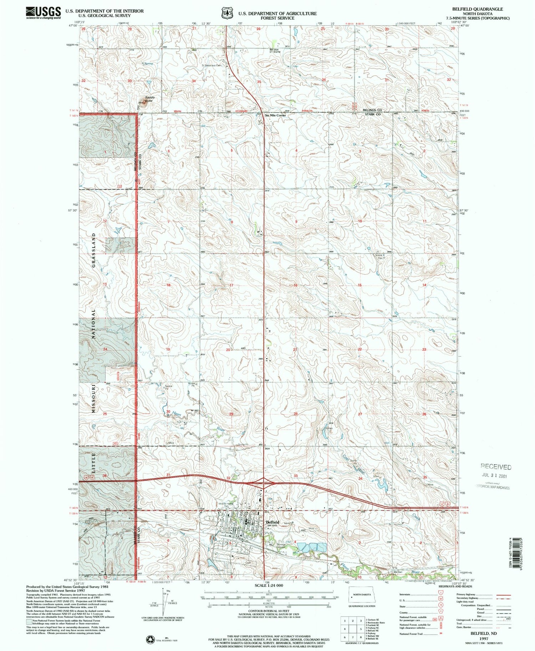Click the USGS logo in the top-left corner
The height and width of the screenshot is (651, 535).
43,13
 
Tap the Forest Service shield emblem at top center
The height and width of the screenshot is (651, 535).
225,13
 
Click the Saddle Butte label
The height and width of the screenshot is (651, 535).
148,99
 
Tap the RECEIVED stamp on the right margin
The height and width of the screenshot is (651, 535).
496,467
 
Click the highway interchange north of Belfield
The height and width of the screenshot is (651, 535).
264,482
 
